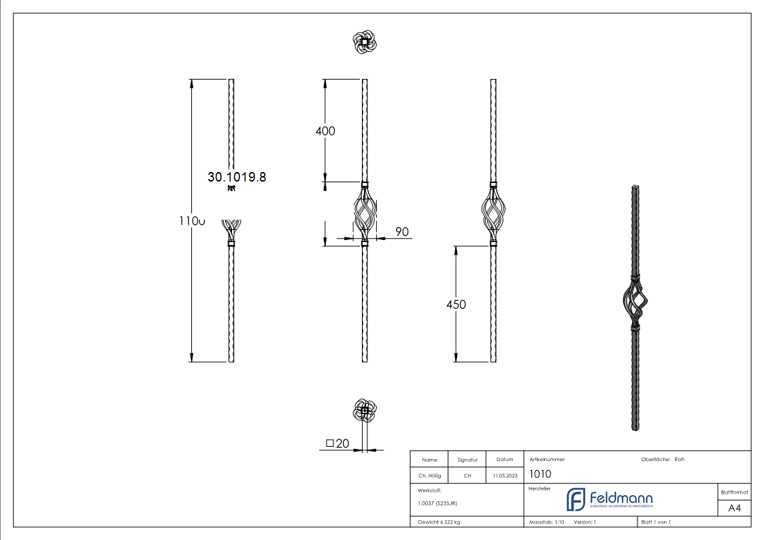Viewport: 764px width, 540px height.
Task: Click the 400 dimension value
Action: [326, 131]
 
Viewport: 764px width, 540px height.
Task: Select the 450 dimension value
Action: [456, 305]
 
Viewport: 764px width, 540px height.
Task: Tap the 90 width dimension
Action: [402, 232]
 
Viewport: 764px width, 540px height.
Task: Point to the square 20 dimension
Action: [337, 443]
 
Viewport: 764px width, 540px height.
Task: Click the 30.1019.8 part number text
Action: [237, 177]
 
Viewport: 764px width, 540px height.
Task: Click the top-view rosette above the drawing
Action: [365, 43]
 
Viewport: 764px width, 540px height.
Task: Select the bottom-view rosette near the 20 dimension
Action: [365, 410]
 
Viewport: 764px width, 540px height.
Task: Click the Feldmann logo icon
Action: [576, 499]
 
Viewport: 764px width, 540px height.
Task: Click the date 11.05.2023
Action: [504, 476]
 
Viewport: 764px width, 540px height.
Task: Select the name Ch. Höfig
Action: [429, 476]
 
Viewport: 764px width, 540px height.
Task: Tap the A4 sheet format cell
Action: [734, 508]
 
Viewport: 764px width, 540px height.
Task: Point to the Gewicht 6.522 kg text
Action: [439, 522]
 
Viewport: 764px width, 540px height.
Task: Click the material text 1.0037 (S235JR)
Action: [437, 503]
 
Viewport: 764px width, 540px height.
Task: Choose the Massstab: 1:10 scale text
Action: [546, 522]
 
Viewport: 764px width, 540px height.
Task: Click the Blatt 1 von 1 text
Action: [656, 522]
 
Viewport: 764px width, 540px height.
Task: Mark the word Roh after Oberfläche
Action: [679, 459]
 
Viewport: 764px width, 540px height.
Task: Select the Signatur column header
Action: [467, 460]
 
